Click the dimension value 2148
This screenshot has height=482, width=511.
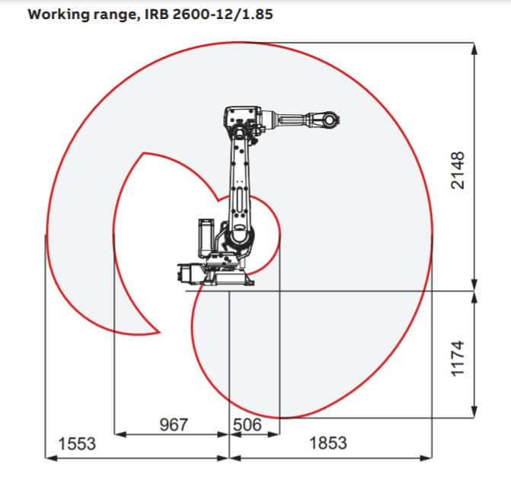click(458, 170)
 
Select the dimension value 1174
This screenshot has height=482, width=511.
click(458, 359)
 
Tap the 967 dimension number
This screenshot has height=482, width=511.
click(174, 425)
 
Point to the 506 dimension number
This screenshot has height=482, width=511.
click(248, 425)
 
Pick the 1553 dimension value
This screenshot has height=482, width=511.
click(77, 444)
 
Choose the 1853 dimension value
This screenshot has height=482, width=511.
click(328, 443)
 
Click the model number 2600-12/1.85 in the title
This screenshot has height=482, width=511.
click(222, 14)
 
